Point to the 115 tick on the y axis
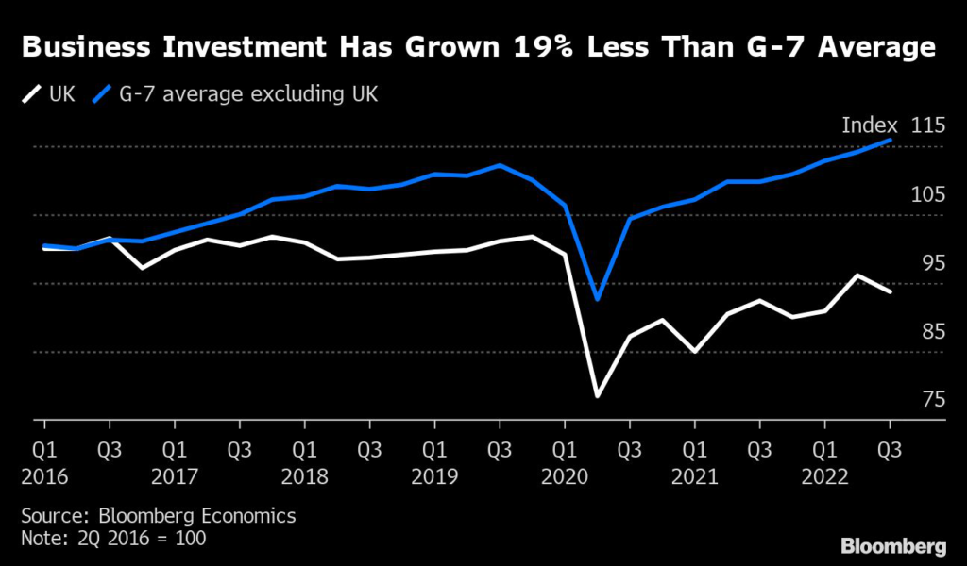pyautogui.click(x=928, y=126)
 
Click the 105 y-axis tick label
pyautogui.click(x=928, y=195)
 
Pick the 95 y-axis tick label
pyautogui.click(x=928, y=263)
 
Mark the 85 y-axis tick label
pyautogui.click(x=928, y=332)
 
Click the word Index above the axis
pyautogui.click(x=869, y=126)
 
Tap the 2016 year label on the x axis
pyautogui.click(x=45, y=477)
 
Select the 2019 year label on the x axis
pyautogui.click(x=434, y=477)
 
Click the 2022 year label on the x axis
pyautogui.click(x=824, y=477)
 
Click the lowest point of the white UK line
pyautogui.click(x=597, y=396)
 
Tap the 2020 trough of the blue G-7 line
pyautogui.click(x=597, y=299)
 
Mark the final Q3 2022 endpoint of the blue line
pyautogui.click(x=889, y=140)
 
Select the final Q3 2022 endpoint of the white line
pyautogui.click(x=889, y=291)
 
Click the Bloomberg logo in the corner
pyautogui.click(x=892, y=546)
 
